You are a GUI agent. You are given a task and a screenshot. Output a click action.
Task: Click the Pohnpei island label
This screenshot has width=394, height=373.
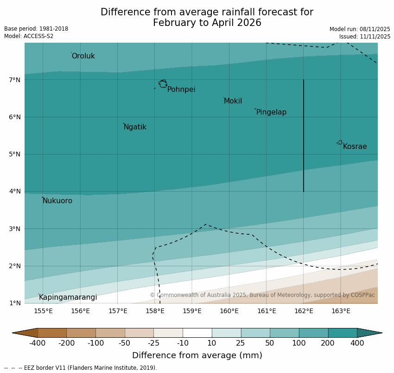click(181, 90)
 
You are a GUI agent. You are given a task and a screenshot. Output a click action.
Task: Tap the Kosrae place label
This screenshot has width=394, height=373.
click(355, 147)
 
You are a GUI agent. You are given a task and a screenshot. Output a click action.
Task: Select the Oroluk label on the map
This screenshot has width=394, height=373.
click(83, 56)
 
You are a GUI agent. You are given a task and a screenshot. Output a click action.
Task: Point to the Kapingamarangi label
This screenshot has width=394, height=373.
click(68, 297)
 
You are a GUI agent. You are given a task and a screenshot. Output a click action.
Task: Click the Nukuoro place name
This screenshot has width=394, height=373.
click(57, 201)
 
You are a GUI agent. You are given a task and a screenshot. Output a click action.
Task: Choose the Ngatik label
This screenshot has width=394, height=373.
click(135, 127)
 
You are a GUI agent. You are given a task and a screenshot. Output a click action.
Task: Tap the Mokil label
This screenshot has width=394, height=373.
click(233, 101)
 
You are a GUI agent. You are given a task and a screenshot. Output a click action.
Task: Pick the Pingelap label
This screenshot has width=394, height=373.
click(271, 112)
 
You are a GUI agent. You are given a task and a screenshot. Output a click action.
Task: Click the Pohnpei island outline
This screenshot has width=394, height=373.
click(163, 84)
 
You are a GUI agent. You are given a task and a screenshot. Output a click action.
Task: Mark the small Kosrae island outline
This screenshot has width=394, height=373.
click(340, 142)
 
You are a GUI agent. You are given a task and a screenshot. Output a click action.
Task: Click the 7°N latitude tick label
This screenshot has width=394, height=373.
click(15, 80)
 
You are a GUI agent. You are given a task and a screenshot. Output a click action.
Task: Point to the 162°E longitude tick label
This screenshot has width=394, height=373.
click(304, 311)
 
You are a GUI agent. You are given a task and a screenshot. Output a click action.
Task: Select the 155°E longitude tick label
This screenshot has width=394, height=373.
click(43, 311)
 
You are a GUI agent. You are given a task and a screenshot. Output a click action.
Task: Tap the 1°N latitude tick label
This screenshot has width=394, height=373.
click(15, 303)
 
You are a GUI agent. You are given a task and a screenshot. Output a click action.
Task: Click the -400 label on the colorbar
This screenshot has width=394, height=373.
click(38, 343)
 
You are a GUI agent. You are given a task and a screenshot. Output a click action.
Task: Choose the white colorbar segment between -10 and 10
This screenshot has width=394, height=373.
click(197, 333)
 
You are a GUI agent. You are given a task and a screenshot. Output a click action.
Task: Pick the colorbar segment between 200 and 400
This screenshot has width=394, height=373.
click(343, 333)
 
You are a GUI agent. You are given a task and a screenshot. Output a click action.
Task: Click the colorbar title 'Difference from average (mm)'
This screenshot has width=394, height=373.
click(197, 355)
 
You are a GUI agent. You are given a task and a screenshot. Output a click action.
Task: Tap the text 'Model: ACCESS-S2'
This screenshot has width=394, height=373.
click(29, 36)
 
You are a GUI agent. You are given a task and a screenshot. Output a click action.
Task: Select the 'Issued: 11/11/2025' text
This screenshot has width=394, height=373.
click(364, 36)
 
